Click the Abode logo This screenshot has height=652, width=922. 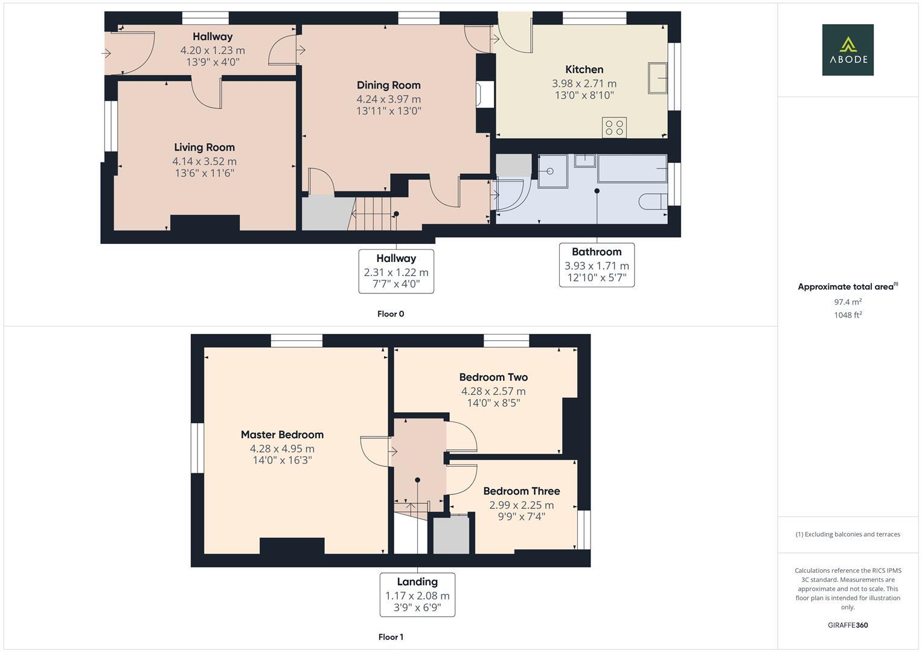[847, 50]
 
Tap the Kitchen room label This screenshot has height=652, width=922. [584, 69]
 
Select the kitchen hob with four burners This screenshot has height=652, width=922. [615, 127]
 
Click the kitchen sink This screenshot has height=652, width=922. [658, 78]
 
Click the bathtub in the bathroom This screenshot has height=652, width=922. [632, 168]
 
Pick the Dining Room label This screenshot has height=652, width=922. [388, 85]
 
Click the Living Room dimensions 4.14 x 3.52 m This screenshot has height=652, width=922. [204, 161]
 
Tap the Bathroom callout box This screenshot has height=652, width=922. [597, 265]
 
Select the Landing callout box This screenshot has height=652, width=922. [417, 595]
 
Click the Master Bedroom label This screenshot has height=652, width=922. [282, 435]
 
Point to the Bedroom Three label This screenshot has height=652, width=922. [521, 491]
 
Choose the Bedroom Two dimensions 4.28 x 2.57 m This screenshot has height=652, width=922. [493, 391]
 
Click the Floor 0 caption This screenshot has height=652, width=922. [391, 314]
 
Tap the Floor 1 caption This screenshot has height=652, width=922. [391, 637]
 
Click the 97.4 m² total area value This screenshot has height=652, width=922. [848, 302]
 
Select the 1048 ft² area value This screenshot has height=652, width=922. [848, 315]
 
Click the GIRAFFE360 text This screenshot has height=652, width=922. [848, 625]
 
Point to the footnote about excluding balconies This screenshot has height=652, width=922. [848, 534]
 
